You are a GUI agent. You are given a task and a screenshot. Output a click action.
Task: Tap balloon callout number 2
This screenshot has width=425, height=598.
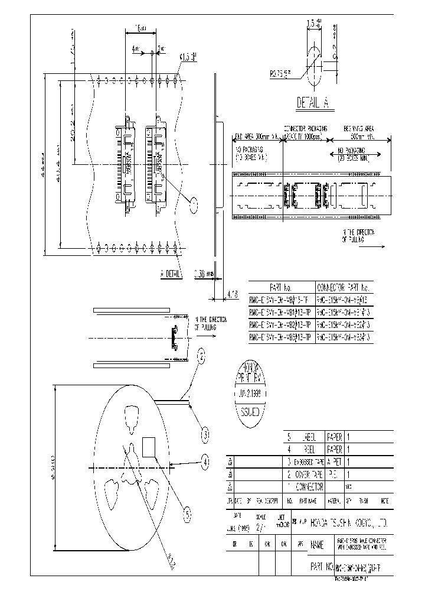pyautogui.click(x=202, y=356)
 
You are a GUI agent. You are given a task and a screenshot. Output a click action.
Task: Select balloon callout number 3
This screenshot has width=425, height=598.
pyautogui.click(x=204, y=435)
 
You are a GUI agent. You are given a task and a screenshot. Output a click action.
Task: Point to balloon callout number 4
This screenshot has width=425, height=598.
pyautogui.click(x=205, y=460)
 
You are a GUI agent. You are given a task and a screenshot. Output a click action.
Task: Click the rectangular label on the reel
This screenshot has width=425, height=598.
pyautogui.click(x=149, y=447)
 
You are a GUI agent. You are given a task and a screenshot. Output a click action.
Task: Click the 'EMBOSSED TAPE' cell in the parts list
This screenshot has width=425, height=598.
pyautogui.click(x=308, y=462)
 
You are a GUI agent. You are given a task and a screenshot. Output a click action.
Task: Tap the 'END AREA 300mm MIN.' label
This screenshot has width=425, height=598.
pyautogui.click(x=256, y=136)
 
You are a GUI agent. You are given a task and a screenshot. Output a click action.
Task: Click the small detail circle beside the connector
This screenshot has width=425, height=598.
pyautogui.click(x=194, y=204)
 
